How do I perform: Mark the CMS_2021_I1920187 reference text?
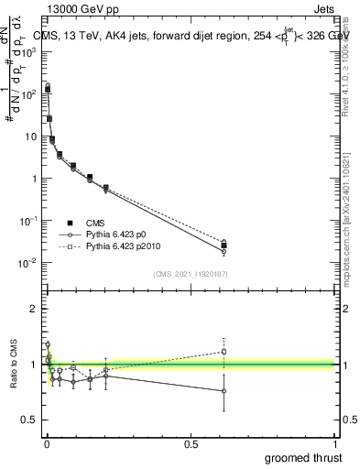(191, 274)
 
